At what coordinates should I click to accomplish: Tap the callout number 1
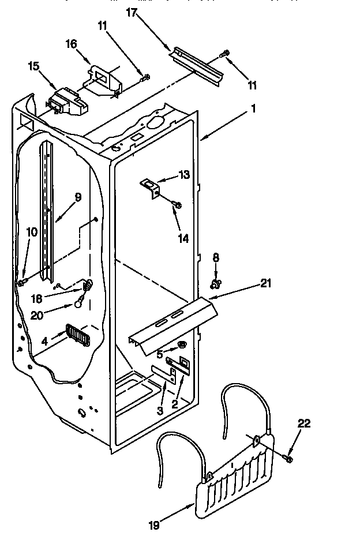[254, 108]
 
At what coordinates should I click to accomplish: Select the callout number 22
[304, 424]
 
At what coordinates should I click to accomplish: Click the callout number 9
[78, 197]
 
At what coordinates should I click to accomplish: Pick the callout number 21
[265, 283]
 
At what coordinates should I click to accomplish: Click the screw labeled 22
[288, 458]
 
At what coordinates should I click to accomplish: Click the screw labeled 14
[177, 204]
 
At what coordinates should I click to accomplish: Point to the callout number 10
[32, 233]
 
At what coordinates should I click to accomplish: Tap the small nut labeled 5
[181, 344]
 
